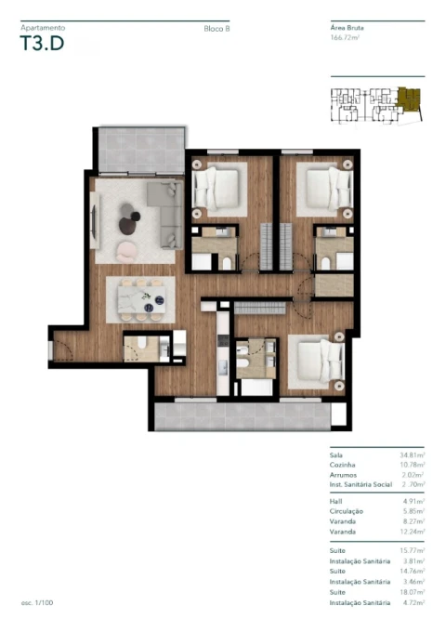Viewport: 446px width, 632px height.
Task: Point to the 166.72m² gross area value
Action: tap(346, 37)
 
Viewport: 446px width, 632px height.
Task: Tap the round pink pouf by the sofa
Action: tap(126, 247)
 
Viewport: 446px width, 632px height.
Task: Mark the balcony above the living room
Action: tap(138, 149)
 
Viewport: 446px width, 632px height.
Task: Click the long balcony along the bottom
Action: tap(241, 415)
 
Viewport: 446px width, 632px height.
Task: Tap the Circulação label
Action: tap(347, 511)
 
